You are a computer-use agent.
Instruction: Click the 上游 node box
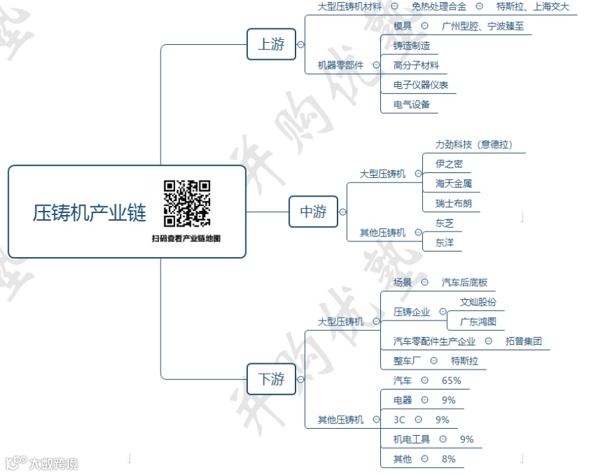[271, 44]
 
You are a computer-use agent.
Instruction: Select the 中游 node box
[313, 212]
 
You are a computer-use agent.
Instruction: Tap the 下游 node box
[271, 379]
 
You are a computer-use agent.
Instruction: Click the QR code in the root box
[187, 203]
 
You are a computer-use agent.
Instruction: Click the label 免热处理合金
[439, 6]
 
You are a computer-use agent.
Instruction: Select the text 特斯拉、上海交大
[532, 6]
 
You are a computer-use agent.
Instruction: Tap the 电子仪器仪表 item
[421, 85]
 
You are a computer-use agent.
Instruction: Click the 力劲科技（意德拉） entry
[475, 145]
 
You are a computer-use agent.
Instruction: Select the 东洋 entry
[444, 243]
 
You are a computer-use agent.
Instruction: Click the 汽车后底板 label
[464, 282]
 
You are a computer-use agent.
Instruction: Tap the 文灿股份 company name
[478, 302]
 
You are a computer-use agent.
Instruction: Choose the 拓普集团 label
[523, 341]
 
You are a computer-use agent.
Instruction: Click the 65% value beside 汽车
[451, 380]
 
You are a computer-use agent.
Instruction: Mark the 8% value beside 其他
[448, 458]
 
